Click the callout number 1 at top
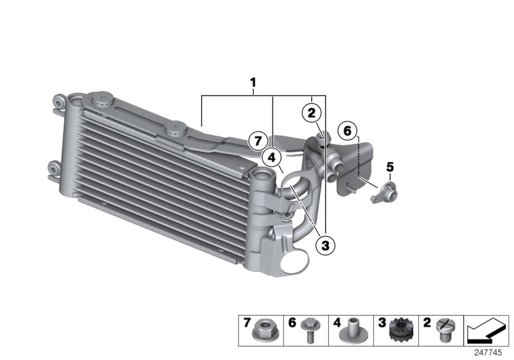253,82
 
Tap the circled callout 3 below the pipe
325,244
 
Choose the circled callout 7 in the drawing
258,139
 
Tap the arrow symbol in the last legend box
486,331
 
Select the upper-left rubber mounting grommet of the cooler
58,103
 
